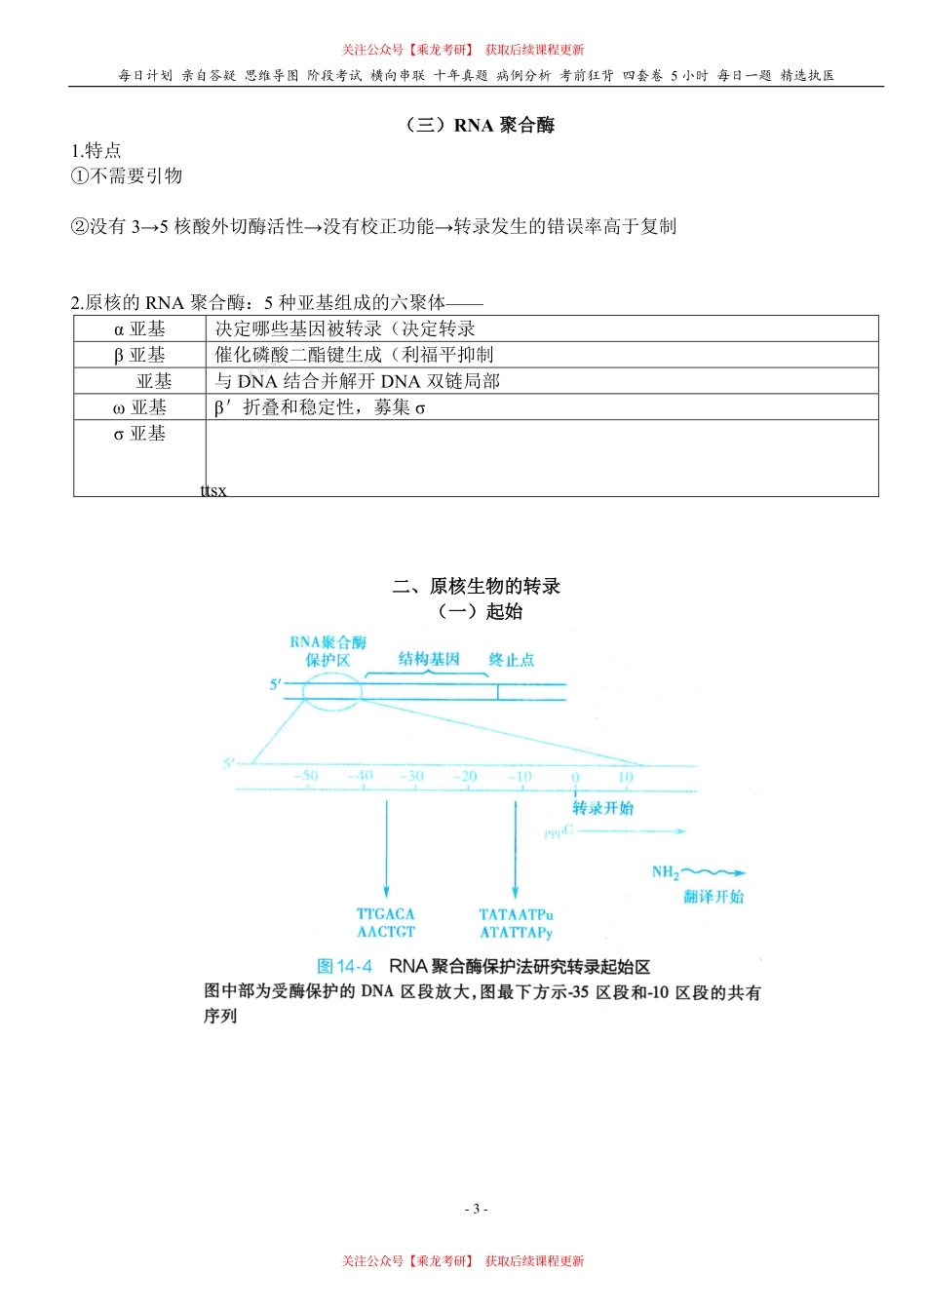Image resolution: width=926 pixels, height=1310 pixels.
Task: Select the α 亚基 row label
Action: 139,329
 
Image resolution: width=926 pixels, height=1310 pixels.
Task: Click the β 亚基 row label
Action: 139,356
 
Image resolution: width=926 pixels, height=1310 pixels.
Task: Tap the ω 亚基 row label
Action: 139,408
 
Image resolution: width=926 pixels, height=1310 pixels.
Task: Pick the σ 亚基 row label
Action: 139,435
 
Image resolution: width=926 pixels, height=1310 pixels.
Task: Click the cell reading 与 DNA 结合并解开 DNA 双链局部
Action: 357,382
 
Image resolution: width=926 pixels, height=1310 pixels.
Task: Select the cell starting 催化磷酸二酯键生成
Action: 354,356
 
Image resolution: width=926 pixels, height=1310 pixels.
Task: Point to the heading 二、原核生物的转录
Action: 476,586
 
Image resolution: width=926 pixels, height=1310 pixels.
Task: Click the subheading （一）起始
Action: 480,612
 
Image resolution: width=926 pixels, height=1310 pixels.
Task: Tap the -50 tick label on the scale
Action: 306,777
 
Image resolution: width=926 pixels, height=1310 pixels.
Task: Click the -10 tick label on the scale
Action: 520,777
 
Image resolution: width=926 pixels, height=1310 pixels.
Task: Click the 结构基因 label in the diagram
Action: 429,660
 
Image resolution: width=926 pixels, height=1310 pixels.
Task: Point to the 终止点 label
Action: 512,660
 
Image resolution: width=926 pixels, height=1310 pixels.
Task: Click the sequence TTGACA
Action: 386,914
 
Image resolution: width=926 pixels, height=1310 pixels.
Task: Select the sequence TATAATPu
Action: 516,914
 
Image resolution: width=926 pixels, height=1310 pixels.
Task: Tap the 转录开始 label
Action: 602,808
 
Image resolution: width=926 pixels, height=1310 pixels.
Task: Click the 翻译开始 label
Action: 714,897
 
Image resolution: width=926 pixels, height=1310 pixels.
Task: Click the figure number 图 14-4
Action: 345,967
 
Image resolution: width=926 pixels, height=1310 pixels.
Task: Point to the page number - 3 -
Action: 476,1210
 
